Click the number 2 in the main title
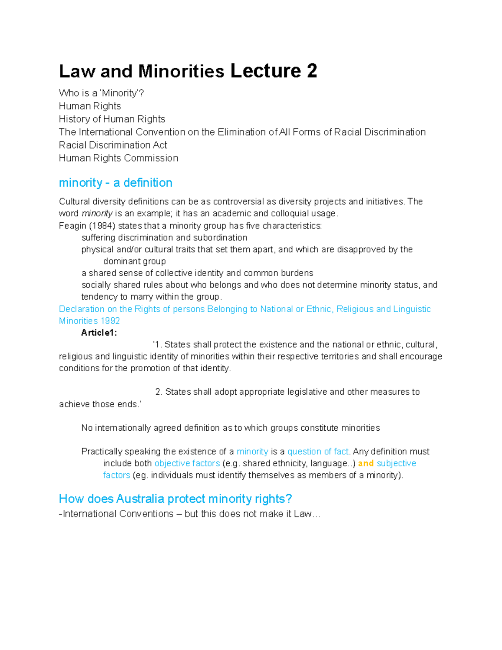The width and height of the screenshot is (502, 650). (x=312, y=71)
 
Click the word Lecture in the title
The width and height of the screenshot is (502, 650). (x=265, y=71)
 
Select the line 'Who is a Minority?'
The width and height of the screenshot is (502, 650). (x=101, y=93)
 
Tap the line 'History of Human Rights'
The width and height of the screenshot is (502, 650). (x=112, y=119)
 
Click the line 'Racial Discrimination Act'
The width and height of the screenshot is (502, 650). (x=113, y=145)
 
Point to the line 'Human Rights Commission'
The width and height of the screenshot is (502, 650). (x=118, y=158)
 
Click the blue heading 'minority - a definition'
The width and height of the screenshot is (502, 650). (x=115, y=182)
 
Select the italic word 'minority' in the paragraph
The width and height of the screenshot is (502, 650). (x=97, y=213)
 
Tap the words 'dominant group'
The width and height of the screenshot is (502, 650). (x=134, y=261)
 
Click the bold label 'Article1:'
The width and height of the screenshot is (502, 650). (x=99, y=333)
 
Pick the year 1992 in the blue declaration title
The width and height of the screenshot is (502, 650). (x=110, y=321)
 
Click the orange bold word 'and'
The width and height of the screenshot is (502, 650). (x=366, y=463)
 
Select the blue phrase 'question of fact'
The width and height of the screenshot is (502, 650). (x=318, y=452)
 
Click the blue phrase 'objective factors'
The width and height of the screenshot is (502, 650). (x=187, y=463)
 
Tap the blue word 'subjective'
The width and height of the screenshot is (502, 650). (x=396, y=463)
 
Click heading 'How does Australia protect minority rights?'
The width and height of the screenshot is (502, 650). (x=175, y=498)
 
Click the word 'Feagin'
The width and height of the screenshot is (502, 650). (x=72, y=226)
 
